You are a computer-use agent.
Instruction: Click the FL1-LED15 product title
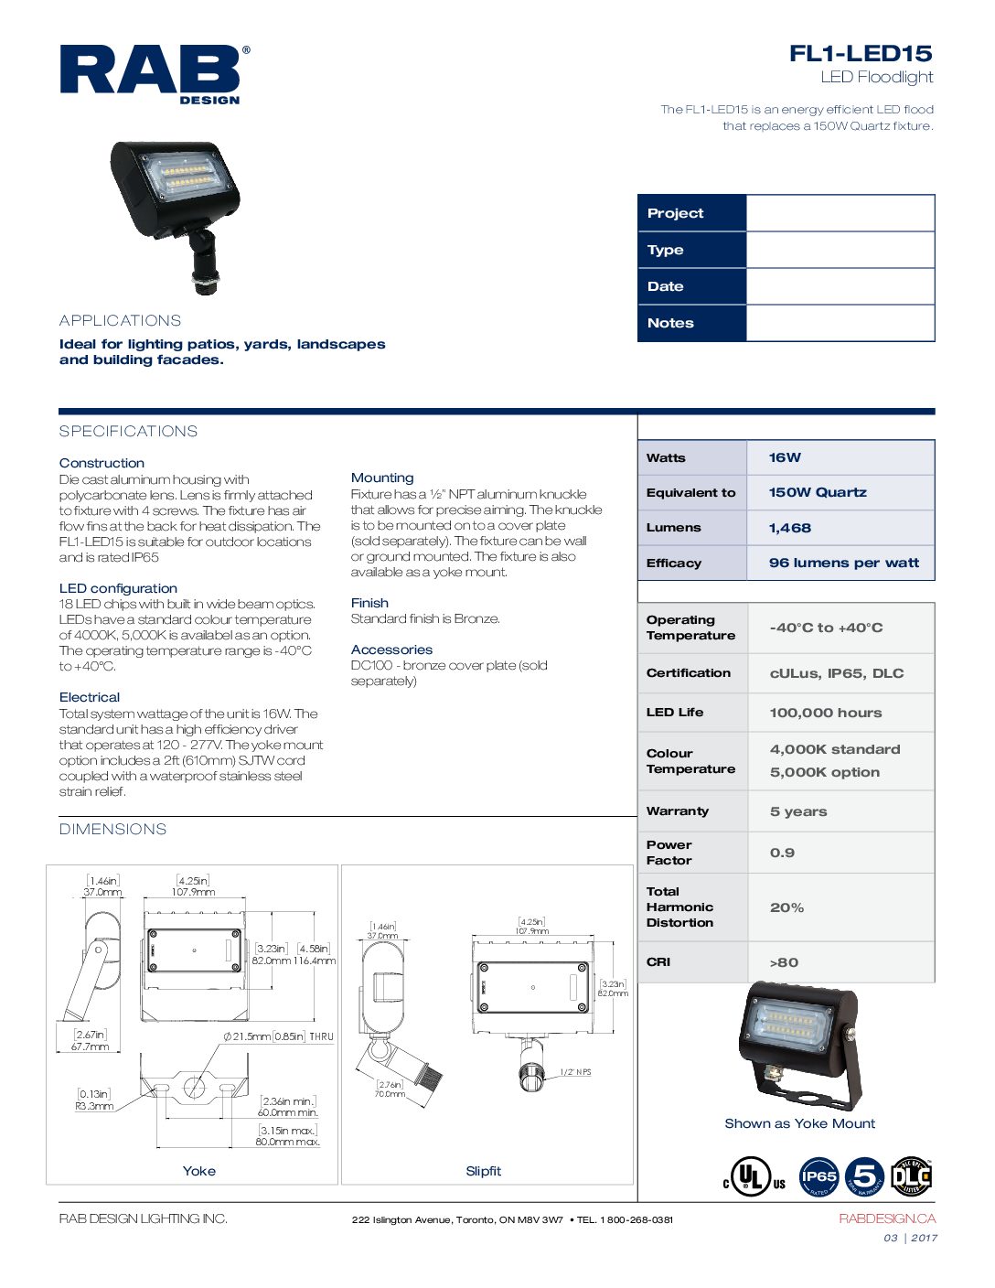pos(860,53)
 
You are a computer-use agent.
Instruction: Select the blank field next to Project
pos(840,213)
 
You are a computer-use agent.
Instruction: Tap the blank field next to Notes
pos(840,323)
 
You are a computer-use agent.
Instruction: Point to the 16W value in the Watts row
pos(785,457)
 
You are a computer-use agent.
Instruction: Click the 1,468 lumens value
pos(789,528)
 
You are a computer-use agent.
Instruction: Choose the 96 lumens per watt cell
pos(843,563)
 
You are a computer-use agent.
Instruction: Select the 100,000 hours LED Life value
pos(825,713)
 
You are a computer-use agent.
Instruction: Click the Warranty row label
pos(677,810)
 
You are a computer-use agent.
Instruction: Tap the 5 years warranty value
pos(797,811)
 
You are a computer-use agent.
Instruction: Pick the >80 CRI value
pos(784,962)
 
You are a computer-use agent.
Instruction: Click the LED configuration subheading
pos(118,588)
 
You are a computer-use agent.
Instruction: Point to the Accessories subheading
pos(391,649)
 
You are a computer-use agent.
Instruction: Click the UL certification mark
pos(754,1177)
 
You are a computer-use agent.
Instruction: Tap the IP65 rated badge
pos(818,1177)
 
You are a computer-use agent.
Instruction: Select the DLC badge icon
pos(911,1176)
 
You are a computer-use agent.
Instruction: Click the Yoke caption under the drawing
pos(198,1171)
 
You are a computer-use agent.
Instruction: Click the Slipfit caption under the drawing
pos(483,1171)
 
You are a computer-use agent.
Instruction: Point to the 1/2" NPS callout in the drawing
pos(575,1071)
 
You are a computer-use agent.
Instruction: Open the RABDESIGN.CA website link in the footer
pos(886,1218)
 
